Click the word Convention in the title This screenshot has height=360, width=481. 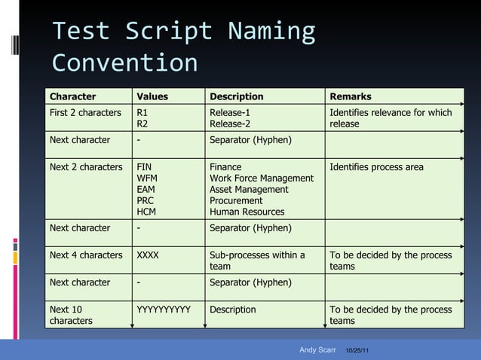coord(124,63)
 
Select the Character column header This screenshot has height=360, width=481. coord(72,96)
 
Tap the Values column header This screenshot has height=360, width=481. coord(152,96)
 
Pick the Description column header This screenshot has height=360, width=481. coord(237,96)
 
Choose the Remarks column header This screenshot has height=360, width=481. coord(351,96)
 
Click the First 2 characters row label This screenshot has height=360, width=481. coord(85,113)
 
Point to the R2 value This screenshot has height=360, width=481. coord(142,124)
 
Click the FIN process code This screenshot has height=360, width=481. coord(145,167)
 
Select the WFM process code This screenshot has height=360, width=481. coord(147,178)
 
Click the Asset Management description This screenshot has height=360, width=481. coord(249,190)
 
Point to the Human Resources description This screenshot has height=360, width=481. coord(247,212)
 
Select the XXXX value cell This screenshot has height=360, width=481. coord(148,255)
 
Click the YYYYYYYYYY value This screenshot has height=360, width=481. coord(164,310)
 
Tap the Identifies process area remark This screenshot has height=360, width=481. coord(377,167)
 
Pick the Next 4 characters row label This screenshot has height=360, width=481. coord(85,255)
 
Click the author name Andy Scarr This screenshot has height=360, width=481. coord(317,350)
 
